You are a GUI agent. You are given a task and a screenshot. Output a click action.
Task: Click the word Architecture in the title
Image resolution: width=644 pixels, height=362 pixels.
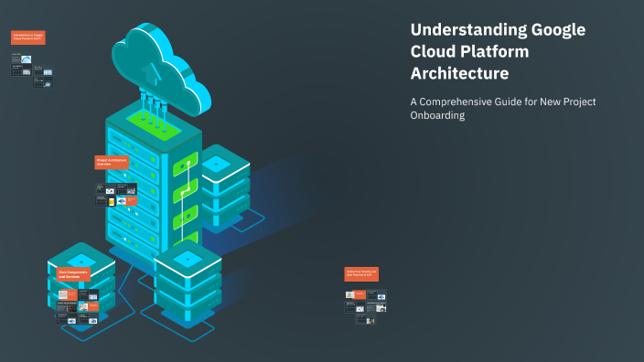tap(459, 73)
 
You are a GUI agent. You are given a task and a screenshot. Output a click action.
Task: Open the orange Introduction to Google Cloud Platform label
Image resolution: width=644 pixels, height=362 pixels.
tap(27, 37)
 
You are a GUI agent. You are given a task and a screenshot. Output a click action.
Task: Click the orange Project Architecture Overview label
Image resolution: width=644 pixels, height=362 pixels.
tap(112, 162)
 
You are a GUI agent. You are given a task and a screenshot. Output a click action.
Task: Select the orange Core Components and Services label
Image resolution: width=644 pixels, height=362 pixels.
tap(77, 272)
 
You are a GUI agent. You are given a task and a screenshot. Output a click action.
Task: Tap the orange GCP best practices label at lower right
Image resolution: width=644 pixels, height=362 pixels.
tap(360, 273)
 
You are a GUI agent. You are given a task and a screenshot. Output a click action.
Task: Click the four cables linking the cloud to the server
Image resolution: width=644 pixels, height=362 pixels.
tap(153, 101)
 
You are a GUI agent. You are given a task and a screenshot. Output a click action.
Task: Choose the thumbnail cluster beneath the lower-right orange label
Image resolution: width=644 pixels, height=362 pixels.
tap(365, 306)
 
